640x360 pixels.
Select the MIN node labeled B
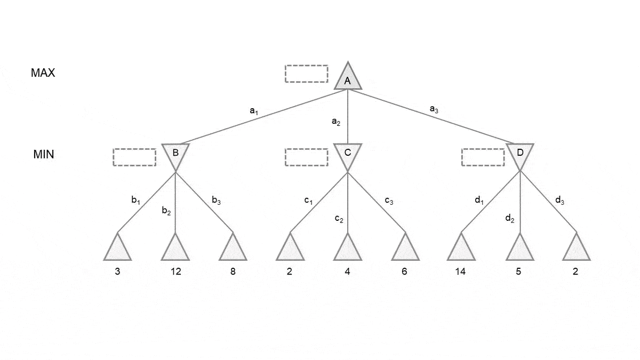pos(175,154)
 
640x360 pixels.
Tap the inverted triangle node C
pos(348,154)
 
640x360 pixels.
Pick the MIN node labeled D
pos(520,154)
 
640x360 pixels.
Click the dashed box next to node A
pos(307,74)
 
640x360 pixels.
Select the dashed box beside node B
pos(134,157)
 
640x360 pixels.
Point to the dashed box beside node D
pos(483,157)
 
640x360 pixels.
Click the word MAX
pos(43,73)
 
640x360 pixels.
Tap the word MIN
pos(43,155)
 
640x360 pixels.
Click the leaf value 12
pos(175,271)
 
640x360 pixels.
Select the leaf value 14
pos(460,271)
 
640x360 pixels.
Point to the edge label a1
pos(254,111)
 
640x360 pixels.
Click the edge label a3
pos(434,109)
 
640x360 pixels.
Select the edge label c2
pos(339,218)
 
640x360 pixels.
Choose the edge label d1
pos(479,201)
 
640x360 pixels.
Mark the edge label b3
pos(216,201)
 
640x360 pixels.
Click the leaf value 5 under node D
pos(518,271)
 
